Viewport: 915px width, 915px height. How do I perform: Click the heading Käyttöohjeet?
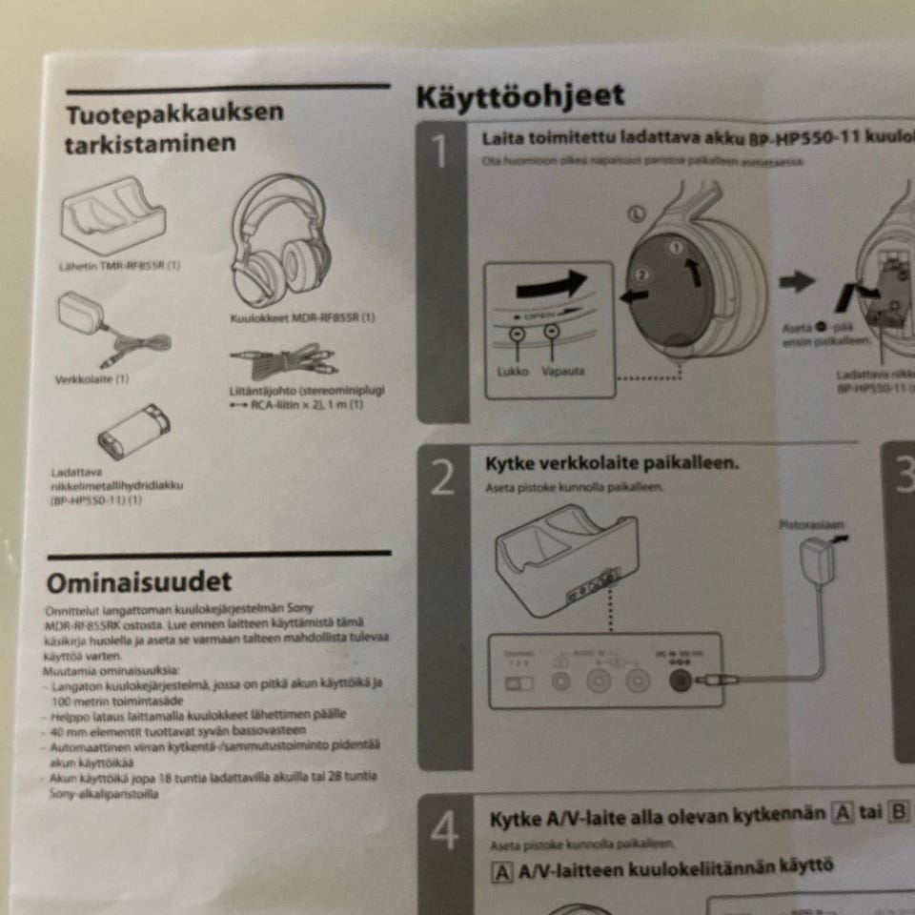[x=520, y=96]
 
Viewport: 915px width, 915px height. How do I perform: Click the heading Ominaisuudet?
[x=139, y=580]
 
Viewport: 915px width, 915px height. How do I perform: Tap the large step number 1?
[x=441, y=152]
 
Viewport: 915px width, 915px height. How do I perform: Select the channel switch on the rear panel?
[x=518, y=682]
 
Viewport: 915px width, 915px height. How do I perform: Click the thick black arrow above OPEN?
[x=548, y=283]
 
